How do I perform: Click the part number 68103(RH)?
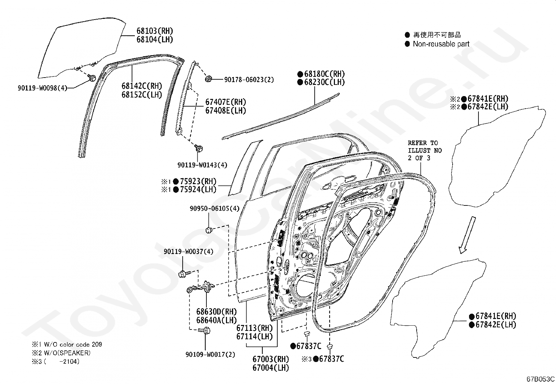point(155,31)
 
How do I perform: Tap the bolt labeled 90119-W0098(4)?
point(92,78)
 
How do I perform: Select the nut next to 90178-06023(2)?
point(209,79)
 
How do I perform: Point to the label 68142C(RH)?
point(142,86)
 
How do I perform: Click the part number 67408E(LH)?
point(226,110)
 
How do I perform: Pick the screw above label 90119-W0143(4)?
point(199,148)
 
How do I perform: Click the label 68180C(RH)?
point(324,74)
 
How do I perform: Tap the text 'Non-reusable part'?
point(441,44)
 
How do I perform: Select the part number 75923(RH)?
point(198,181)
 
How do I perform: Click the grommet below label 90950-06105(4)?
point(209,230)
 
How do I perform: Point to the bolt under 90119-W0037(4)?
point(184,274)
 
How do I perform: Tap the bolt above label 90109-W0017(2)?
point(204,330)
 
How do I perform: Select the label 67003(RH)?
point(271,359)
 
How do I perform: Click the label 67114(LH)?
point(254,336)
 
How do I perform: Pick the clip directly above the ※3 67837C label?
point(330,346)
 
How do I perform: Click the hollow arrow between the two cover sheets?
point(467,235)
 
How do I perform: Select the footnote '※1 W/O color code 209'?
point(67,345)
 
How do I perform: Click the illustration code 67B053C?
point(540,379)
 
